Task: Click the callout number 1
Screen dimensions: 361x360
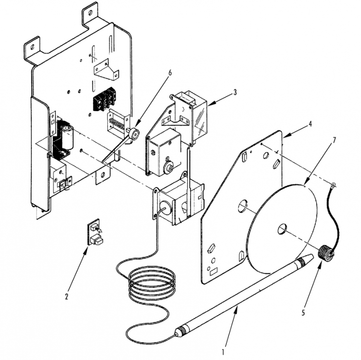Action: tap(223, 352)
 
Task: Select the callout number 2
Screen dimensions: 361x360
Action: tap(66, 296)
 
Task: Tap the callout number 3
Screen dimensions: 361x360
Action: tap(235, 92)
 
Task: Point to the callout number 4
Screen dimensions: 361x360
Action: tap(310, 124)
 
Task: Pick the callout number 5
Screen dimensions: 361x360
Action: tap(303, 313)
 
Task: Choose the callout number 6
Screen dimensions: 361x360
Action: tap(170, 73)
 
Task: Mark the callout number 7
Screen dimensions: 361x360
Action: tap(334, 140)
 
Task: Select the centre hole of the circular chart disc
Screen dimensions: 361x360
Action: tap(282, 229)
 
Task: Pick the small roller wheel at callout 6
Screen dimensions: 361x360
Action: tap(134, 134)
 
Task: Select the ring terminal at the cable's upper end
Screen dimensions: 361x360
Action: tap(333, 184)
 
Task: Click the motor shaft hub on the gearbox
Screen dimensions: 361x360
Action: tap(169, 168)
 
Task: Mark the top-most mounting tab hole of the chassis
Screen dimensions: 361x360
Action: tap(90, 12)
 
